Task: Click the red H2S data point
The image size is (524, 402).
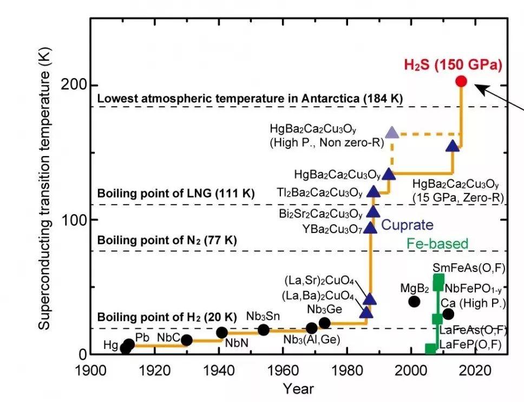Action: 461,81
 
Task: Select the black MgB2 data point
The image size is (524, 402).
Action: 414,301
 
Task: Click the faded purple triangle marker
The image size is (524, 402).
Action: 392,132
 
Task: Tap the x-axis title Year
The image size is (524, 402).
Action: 298,389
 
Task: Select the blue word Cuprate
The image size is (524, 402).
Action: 408,224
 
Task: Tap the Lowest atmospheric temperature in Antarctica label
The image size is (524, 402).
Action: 251,99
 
